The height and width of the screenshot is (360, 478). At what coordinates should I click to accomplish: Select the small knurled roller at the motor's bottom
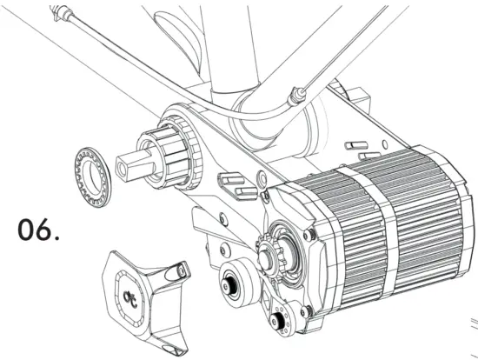click(279, 324)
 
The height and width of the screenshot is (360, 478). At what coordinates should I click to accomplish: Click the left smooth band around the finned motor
click(360, 235)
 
